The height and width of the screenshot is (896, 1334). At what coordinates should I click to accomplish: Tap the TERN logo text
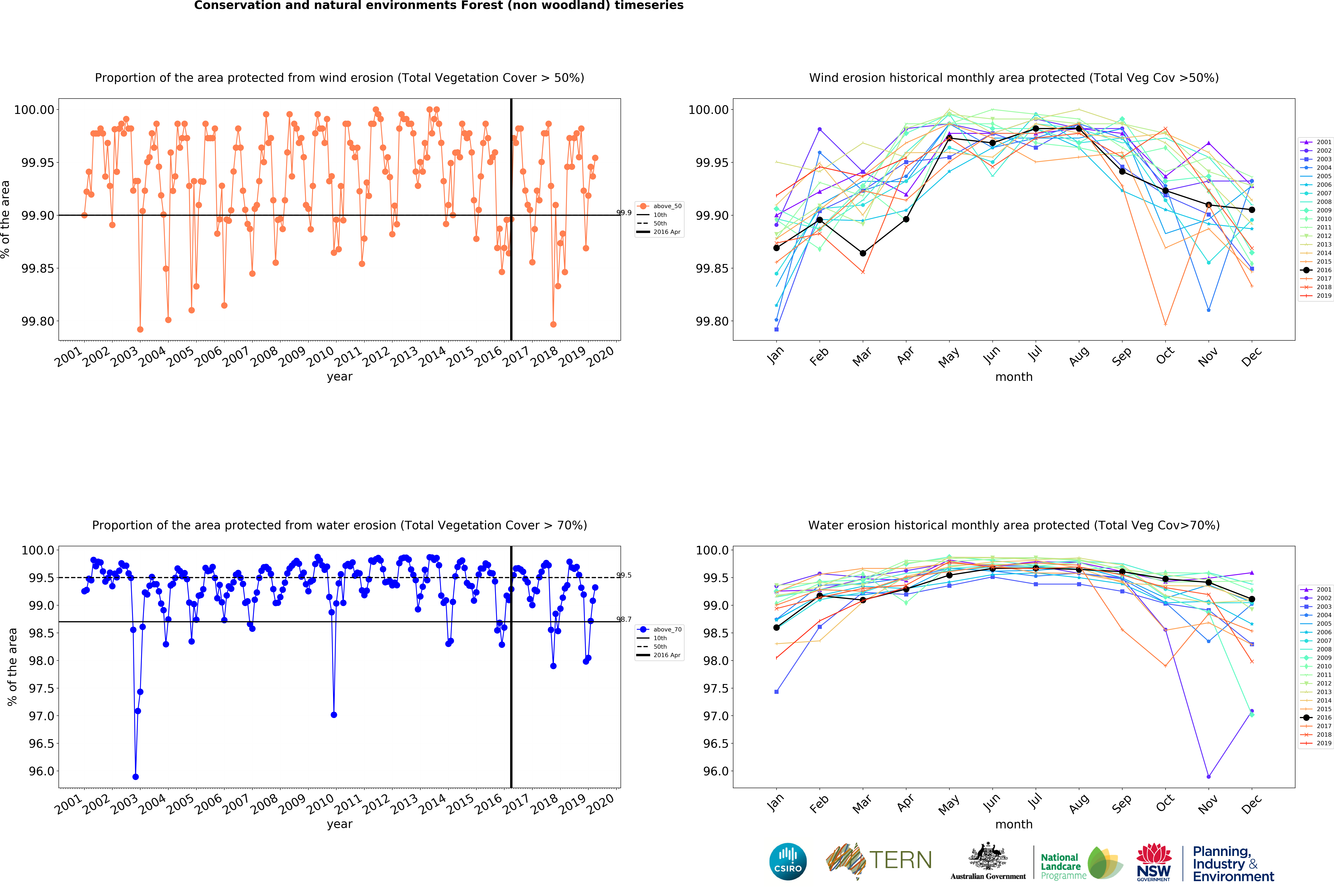pyautogui.click(x=900, y=860)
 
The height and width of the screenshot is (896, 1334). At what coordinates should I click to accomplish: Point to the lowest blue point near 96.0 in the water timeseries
pyautogui.click(x=135, y=777)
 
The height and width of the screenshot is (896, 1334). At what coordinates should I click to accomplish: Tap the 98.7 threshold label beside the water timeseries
pyautogui.click(x=623, y=619)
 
